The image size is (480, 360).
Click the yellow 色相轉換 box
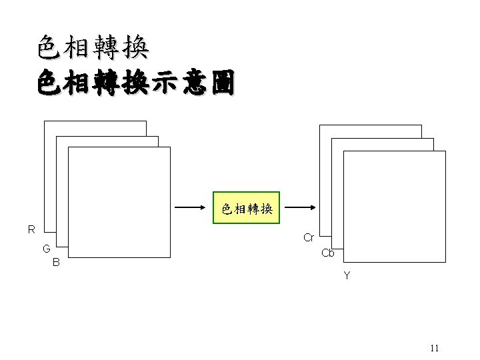[247, 209]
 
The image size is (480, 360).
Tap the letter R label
[31, 230]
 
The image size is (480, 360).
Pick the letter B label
[57, 263]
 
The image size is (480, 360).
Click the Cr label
[309, 237]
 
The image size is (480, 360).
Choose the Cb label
[328, 253]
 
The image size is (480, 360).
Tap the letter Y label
[347, 275]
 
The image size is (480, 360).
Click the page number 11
[435, 348]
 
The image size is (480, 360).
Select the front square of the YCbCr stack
[394, 207]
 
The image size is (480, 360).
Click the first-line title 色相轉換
[93, 47]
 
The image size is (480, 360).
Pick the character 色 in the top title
[51, 47]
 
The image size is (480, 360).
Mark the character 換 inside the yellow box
[266, 209]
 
